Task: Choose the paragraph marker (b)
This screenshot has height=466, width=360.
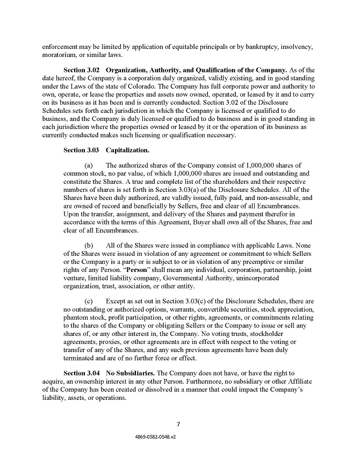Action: (x=90, y=245)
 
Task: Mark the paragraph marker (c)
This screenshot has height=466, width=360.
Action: (x=90, y=302)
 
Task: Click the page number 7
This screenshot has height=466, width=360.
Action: (x=179, y=424)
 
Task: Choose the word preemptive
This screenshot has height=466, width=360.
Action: (x=241, y=261)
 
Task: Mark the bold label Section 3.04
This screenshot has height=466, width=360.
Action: (x=82, y=372)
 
